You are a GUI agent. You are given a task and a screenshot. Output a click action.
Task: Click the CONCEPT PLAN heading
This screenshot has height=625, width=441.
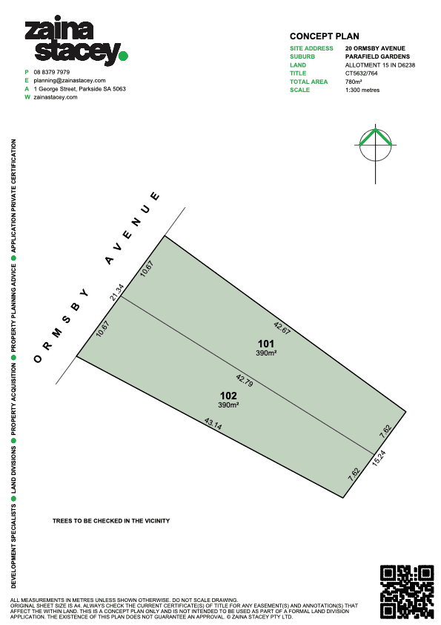(325, 36)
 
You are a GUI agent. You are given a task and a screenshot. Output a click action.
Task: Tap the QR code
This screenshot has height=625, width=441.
(407, 592)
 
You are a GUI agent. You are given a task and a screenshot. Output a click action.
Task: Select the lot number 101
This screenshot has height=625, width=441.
(266, 344)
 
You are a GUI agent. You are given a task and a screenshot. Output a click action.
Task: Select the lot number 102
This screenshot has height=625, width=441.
(228, 396)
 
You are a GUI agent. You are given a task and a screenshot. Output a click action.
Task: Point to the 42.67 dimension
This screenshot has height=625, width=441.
(282, 328)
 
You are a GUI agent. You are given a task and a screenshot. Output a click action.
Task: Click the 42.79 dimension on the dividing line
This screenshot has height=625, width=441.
(245, 380)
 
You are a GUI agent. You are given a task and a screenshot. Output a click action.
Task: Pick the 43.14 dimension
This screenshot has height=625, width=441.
(213, 424)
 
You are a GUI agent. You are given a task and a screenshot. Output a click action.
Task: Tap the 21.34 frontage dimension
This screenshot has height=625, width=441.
(117, 292)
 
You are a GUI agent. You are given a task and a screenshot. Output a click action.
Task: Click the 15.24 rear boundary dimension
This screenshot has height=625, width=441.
(379, 458)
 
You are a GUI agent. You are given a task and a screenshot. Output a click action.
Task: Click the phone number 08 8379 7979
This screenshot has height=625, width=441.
(52, 72)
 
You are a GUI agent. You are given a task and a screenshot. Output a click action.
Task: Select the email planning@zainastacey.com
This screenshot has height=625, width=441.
(70, 80)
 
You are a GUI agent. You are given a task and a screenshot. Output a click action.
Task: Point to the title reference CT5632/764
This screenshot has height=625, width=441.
(362, 73)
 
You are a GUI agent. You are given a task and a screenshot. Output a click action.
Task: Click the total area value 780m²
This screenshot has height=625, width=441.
(354, 82)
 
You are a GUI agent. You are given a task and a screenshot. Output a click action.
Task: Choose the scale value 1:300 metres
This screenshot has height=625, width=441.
(362, 90)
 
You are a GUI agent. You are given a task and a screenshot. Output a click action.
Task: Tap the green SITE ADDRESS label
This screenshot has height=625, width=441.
(311, 48)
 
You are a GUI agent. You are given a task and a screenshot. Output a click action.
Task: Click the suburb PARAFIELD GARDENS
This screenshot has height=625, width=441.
(377, 56)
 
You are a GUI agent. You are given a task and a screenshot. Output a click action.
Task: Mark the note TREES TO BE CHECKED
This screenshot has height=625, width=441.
(111, 520)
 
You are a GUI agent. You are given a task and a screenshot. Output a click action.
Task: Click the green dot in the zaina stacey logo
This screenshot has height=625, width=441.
(123, 56)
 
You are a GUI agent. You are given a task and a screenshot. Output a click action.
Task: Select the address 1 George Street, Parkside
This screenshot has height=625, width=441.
(79, 89)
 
